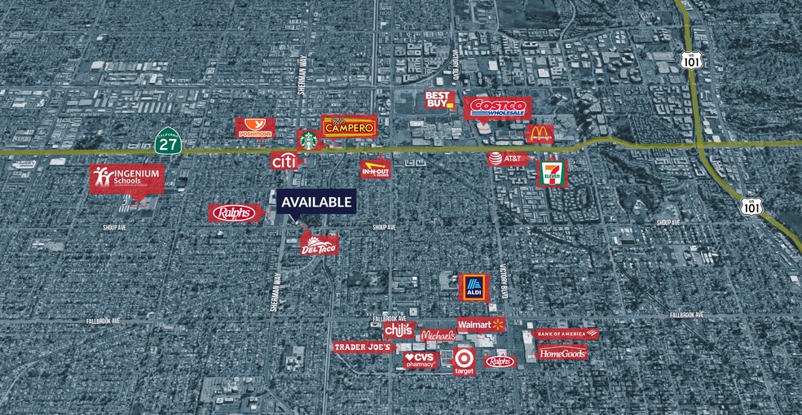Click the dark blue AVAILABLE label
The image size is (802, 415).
pos(316,202)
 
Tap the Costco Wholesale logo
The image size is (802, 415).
pos(498,108)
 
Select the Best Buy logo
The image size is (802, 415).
pos(439,102)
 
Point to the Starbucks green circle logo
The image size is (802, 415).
pos(309,140)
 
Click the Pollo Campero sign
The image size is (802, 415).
pos(350,126)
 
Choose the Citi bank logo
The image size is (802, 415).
pos(283,162)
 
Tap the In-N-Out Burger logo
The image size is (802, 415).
pos(376,168)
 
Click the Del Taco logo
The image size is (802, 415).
pos(319,242)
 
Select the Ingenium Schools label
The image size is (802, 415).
pos(127,179)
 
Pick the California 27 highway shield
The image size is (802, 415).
pos(168,141)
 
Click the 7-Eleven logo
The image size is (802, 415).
pos(551,173)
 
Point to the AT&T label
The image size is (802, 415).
pos(509,159)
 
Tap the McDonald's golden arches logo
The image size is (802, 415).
pos(539,134)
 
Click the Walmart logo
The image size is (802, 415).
pos(481,325)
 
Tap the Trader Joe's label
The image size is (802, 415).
pos(364,347)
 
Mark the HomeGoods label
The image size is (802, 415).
pos(562,353)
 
